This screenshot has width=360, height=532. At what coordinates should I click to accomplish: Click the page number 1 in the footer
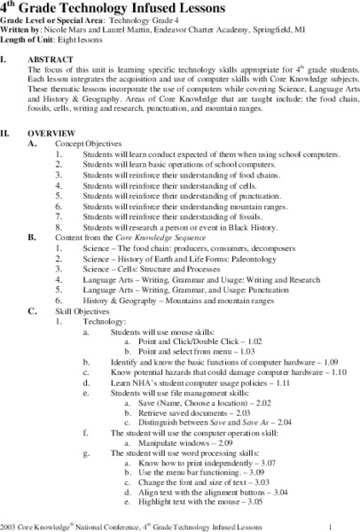[329, 524]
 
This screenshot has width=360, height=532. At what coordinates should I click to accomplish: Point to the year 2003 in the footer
[10, 524]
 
